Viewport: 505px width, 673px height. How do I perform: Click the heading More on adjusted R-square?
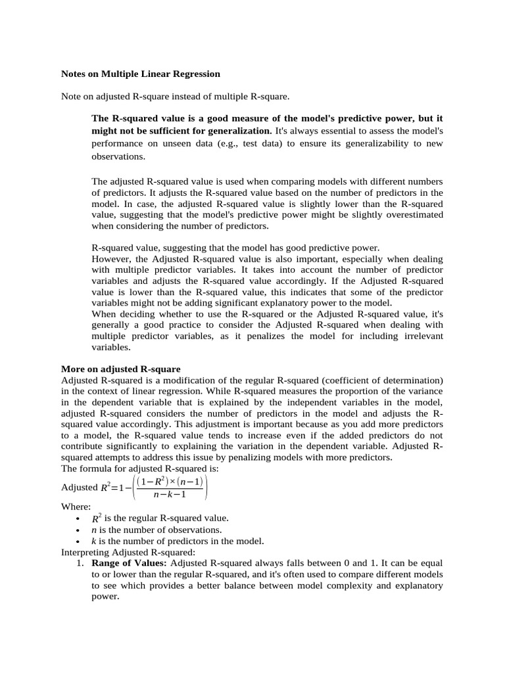pyautogui.click(x=120, y=369)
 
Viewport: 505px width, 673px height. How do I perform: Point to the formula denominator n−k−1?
pyautogui.click(x=169, y=494)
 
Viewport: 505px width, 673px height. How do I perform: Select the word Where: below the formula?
pyautogui.click(x=76, y=507)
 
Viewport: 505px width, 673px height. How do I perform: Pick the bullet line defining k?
pyautogui.click(x=177, y=542)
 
